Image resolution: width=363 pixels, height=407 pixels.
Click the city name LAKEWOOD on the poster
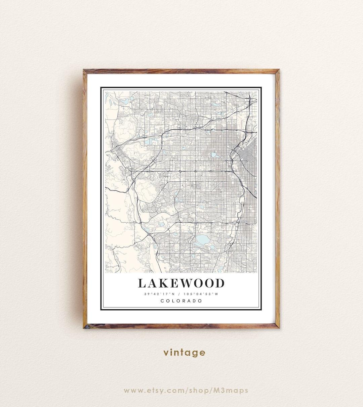coord(181,283)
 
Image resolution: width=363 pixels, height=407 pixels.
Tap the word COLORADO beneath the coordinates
coord(181,301)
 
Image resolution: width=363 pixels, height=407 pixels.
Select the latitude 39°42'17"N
coord(159,294)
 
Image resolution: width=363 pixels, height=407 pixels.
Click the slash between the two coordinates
coord(182,294)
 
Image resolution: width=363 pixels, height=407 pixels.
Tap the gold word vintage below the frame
coord(184,353)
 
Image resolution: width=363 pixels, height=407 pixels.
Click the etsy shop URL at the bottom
coord(186,391)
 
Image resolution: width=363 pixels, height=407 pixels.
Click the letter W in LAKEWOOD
coord(184,283)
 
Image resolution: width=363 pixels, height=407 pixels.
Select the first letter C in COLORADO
coord(162,301)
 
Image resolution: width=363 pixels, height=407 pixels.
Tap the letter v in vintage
coord(166,353)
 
